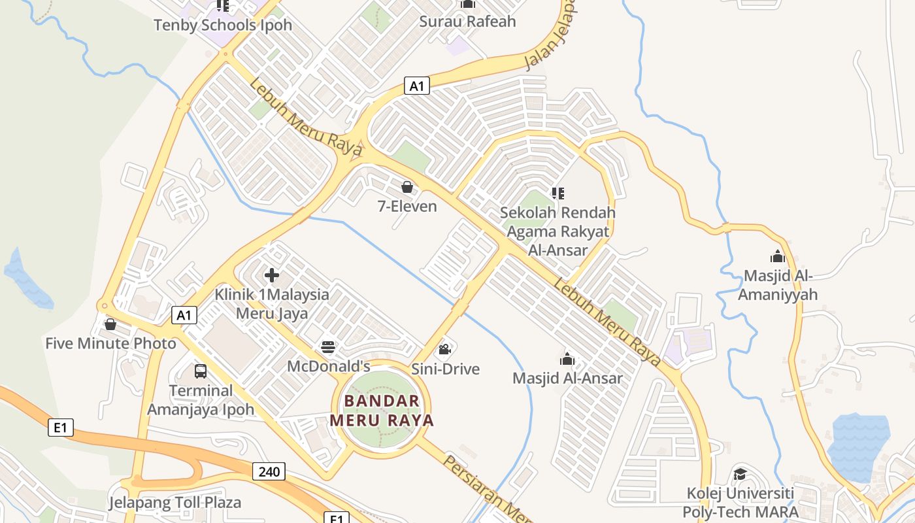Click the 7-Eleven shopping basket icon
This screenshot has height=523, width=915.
click(x=407, y=188)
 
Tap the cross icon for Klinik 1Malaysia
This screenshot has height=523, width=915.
click(x=272, y=275)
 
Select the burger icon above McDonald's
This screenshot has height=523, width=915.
click(x=328, y=347)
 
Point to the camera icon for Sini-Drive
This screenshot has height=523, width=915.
click(x=445, y=350)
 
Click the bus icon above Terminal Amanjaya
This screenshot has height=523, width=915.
click(x=201, y=371)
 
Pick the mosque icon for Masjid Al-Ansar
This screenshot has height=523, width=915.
click(x=567, y=359)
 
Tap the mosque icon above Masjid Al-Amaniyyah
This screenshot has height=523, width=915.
click(x=777, y=256)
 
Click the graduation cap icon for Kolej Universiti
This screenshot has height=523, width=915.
click(x=740, y=474)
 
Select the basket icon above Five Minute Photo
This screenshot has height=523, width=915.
click(x=110, y=324)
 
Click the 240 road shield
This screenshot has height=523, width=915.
click(x=269, y=471)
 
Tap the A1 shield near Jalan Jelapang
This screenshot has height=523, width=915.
click(x=417, y=85)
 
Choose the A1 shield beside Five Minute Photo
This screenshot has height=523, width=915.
click(x=184, y=315)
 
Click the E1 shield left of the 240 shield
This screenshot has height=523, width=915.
click(x=60, y=428)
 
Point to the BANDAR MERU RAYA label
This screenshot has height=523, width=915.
click(x=382, y=411)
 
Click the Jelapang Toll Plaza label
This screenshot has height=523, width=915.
click(x=175, y=503)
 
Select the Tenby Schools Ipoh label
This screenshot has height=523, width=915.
click(x=222, y=25)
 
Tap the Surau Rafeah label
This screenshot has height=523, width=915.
click(x=467, y=22)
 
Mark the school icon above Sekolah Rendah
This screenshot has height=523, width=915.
click(x=557, y=193)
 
